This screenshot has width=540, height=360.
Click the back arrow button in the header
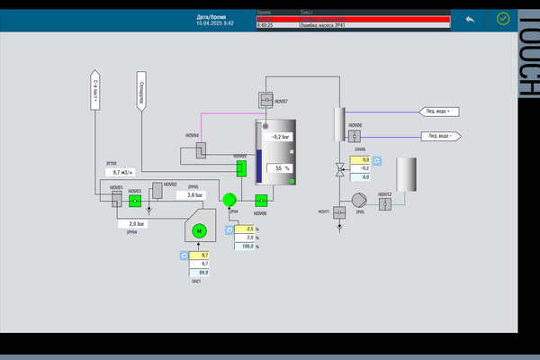pyautogui.click(x=469, y=17)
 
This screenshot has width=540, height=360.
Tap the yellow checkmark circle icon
pyautogui.click(x=502, y=17)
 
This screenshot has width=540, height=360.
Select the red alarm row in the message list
pyautogui.click(x=351, y=18)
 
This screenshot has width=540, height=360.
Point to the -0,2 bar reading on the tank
pyautogui.click(x=278, y=137)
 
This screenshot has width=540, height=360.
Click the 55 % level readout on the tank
pyautogui.click(x=279, y=168)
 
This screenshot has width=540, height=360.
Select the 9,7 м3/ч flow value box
pyautogui.click(x=122, y=171)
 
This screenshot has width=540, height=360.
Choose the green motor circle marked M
pyautogui.click(x=201, y=231)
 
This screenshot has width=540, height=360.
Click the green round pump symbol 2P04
pyautogui.click(x=229, y=199)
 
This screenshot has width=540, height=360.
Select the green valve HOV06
pyautogui.click(x=261, y=200)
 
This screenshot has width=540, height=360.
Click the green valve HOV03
pyautogui.click(x=135, y=200)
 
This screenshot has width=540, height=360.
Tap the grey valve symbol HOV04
pyautogui.click(x=202, y=147)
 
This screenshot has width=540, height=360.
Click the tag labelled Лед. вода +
pyautogui.click(x=440, y=112)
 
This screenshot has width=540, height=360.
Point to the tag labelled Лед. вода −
pyautogui.click(x=440, y=137)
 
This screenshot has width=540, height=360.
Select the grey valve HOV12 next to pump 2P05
pyautogui.click(x=385, y=203)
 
